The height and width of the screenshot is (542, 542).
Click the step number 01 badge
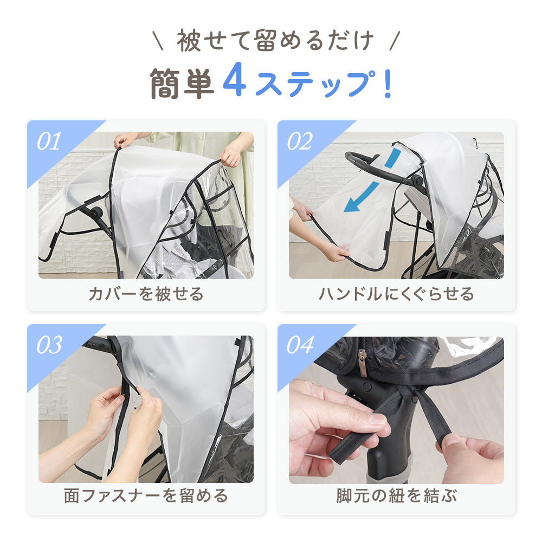coord(49,141)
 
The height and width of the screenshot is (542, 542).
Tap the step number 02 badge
coord(300,141)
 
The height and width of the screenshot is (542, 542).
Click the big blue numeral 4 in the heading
coord(235,80)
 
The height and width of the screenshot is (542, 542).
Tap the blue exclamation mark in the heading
coord(388,83)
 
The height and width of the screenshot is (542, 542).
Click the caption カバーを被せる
coord(146,294)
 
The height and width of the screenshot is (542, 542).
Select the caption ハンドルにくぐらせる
coord(396,294)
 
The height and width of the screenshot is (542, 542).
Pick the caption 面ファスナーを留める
coord(146,495)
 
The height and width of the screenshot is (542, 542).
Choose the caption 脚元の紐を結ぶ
coord(396,495)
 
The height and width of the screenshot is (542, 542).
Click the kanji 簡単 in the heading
coord(182,83)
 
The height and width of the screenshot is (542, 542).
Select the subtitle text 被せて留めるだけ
coord(275,41)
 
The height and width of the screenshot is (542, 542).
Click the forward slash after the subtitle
coord(395,41)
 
